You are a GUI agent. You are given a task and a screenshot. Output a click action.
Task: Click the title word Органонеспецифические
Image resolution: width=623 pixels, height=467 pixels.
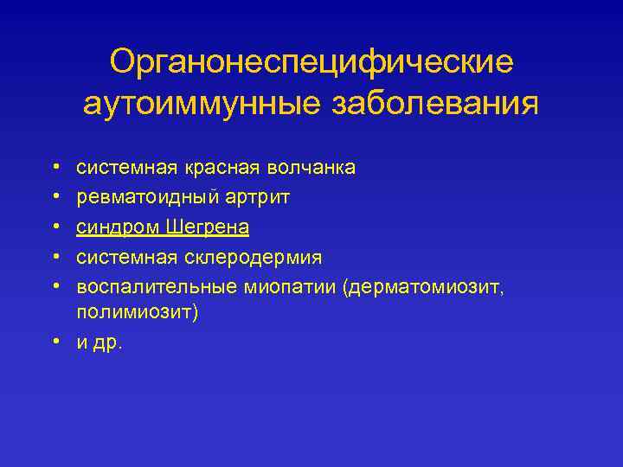click(x=311, y=62)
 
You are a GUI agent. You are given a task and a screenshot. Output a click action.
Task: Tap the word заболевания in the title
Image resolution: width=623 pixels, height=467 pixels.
click(x=434, y=104)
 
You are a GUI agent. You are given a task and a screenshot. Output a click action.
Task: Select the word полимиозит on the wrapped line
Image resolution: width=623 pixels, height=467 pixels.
click(x=134, y=312)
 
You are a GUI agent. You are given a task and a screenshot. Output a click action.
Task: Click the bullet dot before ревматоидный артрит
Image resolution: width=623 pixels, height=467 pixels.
click(x=30, y=198)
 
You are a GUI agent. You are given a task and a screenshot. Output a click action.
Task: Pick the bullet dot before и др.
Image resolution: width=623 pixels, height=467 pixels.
click(x=30, y=341)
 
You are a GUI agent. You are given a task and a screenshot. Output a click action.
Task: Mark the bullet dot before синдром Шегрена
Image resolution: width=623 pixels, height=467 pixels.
click(x=30, y=227)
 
